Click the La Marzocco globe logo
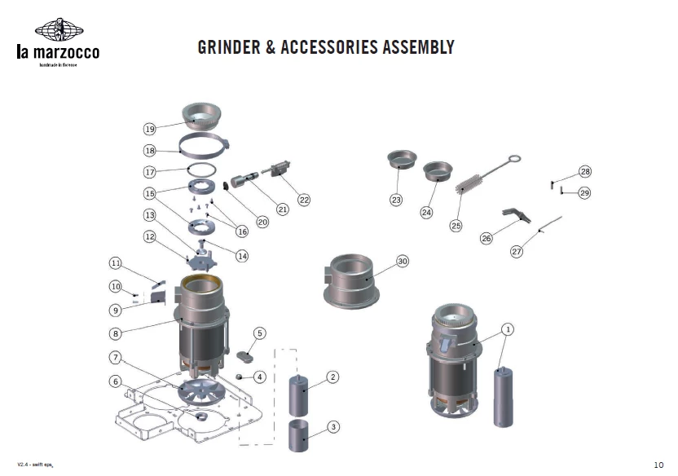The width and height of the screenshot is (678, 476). (x=59, y=31)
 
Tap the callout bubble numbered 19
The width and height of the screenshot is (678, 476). (x=149, y=129)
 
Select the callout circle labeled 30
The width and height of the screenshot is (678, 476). (x=402, y=261)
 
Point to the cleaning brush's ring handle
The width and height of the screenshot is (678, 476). (x=514, y=160)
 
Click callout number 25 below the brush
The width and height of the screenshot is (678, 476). (x=456, y=226)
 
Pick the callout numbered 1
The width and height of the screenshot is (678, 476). (x=508, y=329)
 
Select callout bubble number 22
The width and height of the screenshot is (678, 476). (x=304, y=200)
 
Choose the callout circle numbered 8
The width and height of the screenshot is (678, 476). (x=116, y=333)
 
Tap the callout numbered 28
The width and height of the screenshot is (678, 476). (x=585, y=171)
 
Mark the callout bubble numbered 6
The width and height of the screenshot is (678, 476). (x=116, y=381)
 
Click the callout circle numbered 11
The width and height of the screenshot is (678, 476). (x=116, y=262)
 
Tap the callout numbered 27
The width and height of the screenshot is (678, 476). (x=517, y=252)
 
